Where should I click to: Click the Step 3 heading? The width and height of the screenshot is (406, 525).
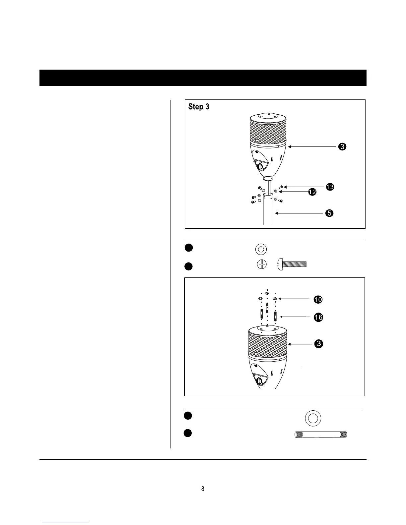[x=199, y=107]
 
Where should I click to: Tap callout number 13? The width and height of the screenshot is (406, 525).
[x=330, y=187]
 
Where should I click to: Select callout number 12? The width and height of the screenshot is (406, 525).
[x=312, y=192]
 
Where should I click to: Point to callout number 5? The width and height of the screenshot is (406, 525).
[x=329, y=213]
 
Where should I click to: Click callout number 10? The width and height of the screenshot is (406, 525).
[x=318, y=300]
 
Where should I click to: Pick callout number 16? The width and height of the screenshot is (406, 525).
[x=318, y=318]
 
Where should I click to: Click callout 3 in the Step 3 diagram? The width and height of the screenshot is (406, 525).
[x=342, y=146]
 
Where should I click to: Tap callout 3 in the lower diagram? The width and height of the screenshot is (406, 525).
[x=318, y=344]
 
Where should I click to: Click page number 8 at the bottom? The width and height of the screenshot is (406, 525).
[x=203, y=489]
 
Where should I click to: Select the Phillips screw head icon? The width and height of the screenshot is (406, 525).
[x=262, y=264]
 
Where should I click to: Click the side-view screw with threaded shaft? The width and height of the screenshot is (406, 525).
[x=292, y=264]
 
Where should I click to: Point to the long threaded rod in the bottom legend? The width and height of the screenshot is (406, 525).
[x=321, y=435]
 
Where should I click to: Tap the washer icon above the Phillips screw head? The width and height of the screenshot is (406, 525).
[x=261, y=249]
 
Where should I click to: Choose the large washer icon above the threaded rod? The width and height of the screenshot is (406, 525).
[x=312, y=418]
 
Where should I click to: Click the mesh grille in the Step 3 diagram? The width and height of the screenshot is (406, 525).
[x=268, y=133]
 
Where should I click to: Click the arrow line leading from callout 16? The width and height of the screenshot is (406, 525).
[x=295, y=317]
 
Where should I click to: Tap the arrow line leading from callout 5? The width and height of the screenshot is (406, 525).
[x=299, y=213]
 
